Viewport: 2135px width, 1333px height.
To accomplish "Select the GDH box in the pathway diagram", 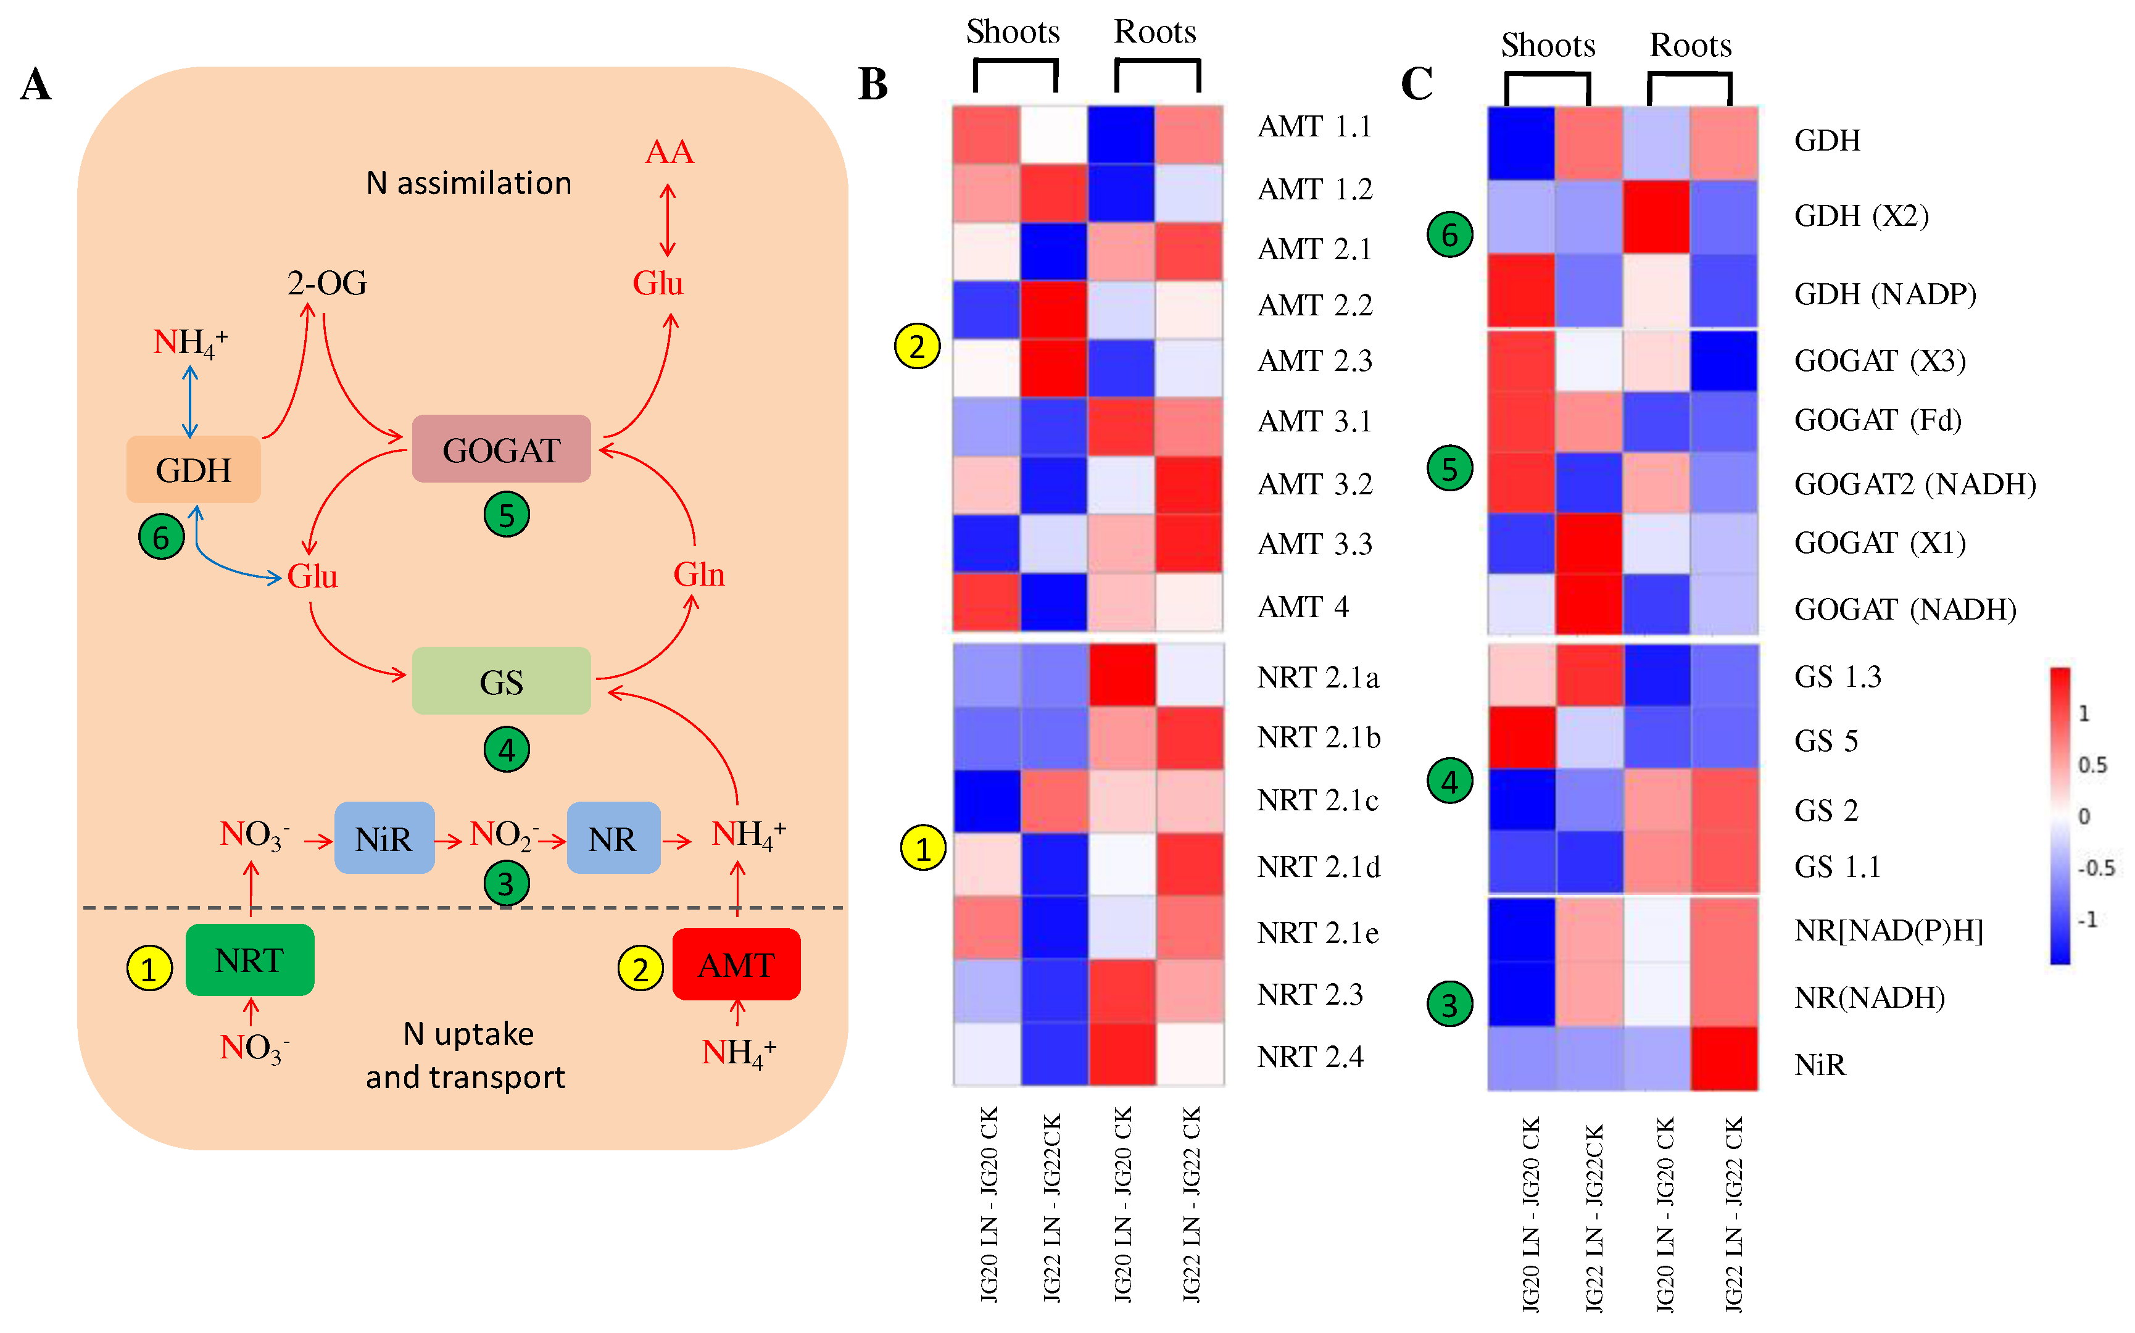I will click(193, 470).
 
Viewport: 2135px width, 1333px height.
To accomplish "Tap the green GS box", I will click(500, 681).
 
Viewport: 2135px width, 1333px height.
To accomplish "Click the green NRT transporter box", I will click(249, 960).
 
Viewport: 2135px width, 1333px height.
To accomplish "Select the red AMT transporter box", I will click(736, 965).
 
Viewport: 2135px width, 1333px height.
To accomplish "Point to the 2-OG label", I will click(326, 283).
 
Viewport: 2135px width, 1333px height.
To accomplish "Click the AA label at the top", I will click(668, 152).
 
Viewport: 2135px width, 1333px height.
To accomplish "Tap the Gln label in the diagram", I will click(698, 575).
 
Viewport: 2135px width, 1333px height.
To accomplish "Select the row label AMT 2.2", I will click(1314, 305).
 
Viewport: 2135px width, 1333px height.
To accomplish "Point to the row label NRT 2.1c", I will click(1317, 800).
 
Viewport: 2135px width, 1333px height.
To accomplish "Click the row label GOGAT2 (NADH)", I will click(1915, 484).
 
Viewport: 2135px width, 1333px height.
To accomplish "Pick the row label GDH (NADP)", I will click(1884, 294).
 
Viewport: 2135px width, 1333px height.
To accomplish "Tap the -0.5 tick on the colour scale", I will click(2096, 868).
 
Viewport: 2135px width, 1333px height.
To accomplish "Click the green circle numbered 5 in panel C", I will click(1449, 468).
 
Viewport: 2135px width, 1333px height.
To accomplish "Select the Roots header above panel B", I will click(1155, 33).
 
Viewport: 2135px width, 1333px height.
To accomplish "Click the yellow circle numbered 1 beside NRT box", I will click(148, 969).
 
